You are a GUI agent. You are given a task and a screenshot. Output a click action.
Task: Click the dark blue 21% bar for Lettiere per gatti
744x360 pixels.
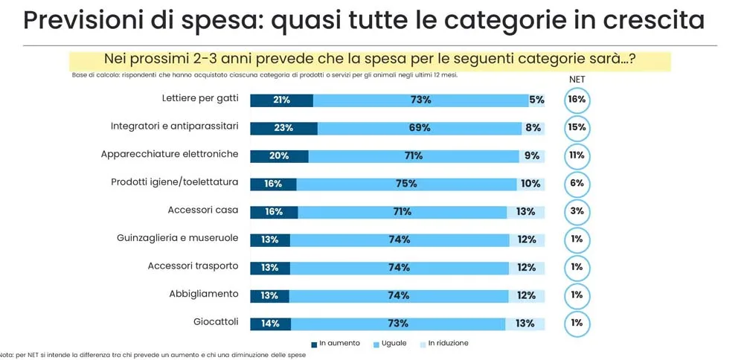point(281,100)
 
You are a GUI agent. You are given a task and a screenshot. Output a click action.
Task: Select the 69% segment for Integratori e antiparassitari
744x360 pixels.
point(420,128)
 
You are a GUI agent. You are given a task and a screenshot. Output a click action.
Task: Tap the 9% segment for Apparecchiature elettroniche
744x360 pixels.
point(531,156)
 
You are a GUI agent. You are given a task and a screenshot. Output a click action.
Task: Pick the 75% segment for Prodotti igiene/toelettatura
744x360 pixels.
point(406,184)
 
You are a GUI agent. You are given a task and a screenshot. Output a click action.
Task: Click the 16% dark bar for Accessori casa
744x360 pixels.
point(274,212)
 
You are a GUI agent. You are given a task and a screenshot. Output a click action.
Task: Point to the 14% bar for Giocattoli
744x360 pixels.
point(270,324)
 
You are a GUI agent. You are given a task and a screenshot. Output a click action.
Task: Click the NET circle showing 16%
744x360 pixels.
point(577,100)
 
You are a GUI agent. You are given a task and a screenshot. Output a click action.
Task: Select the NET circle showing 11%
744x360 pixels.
point(577,155)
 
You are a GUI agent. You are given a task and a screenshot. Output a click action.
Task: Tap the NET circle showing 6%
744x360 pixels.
point(577,184)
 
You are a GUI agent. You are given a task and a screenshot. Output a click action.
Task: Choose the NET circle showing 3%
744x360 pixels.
point(577,211)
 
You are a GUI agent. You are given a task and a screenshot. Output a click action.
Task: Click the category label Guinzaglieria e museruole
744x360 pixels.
point(177,239)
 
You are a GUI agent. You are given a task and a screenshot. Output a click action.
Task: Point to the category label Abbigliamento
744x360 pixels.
point(203,294)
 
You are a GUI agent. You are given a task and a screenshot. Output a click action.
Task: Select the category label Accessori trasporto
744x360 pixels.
point(193,266)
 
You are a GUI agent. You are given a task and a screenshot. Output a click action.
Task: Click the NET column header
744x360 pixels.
point(577,79)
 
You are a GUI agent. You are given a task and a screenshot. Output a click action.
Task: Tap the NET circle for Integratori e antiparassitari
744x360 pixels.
point(577,128)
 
